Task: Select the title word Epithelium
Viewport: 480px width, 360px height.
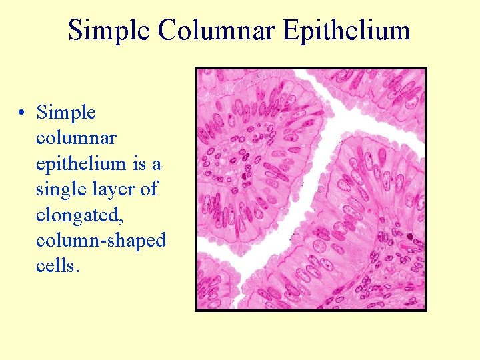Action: [346, 30]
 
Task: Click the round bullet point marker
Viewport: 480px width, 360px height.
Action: [23, 114]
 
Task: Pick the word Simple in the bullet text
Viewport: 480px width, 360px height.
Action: [66, 113]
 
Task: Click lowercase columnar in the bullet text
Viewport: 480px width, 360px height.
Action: [76, 138]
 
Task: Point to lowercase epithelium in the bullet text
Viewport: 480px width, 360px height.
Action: [81, 163]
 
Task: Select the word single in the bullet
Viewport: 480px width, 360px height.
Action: [61, 189]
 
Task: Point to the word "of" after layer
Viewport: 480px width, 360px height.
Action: [149, 189]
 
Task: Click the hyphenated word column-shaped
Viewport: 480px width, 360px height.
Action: [101, 240]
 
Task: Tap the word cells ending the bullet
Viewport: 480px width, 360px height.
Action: [58, 265]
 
